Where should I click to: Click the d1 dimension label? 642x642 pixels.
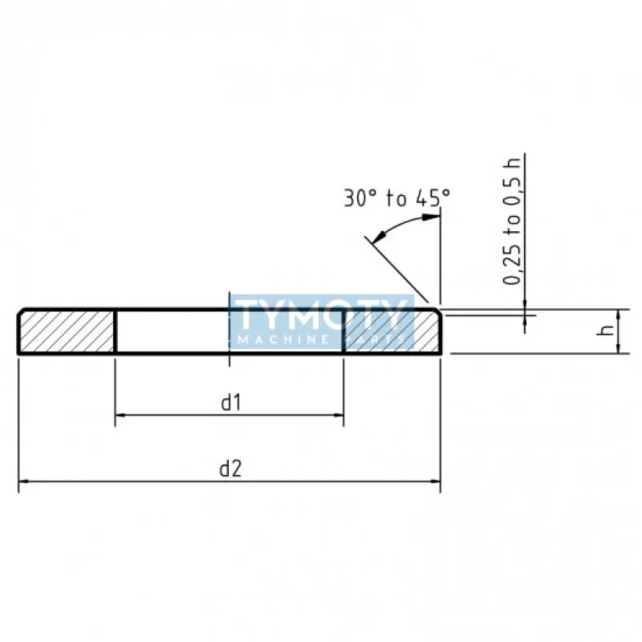(x=231, y=404)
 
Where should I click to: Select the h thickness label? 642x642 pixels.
(x=607, y=331)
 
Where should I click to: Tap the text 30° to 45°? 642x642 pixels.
(x=397, y=198)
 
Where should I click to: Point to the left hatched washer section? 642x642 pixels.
(x=67, y=331)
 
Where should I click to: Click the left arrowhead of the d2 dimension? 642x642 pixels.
(x=23, y=481)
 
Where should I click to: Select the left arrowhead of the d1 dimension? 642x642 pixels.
(x=121, y=415)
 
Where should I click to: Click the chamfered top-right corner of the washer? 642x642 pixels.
(x=437, y=311)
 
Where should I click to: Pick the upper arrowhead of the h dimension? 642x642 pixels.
(x=617, y=313)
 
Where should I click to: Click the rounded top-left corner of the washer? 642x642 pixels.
(x=20, y=311)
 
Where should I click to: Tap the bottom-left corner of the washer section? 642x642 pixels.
(x=19, y=352)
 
